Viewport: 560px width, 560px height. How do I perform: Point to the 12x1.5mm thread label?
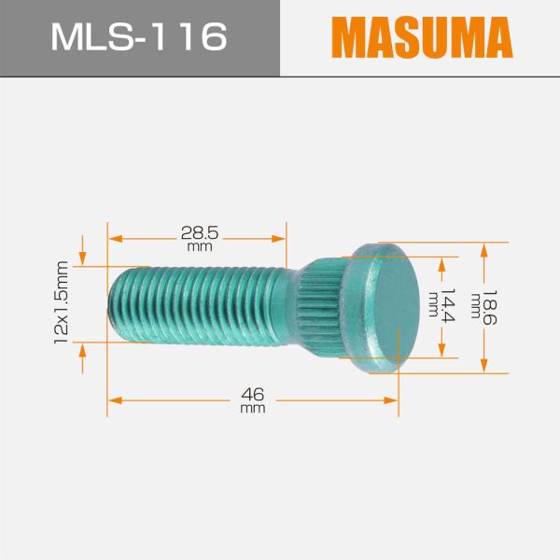63,303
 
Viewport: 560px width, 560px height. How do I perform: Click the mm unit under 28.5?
198,248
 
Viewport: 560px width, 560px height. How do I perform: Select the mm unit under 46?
252,409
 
